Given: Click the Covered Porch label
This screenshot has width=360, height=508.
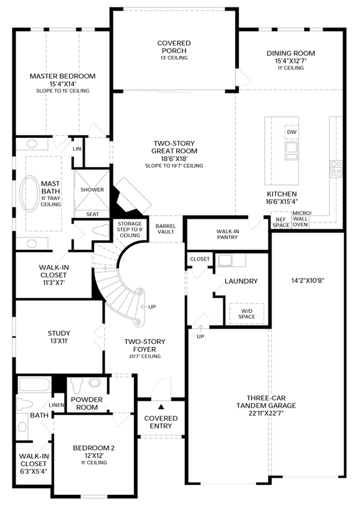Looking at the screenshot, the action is point(174,47).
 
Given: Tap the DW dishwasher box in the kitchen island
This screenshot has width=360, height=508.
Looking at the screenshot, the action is point(291,132).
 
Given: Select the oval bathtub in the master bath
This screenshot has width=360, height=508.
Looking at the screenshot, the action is point(30,194).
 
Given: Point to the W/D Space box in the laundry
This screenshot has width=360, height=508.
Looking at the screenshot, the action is point(247,314).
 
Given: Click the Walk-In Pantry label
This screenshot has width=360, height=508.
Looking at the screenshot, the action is point(227,234).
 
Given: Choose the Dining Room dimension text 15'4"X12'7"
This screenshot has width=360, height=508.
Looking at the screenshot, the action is point(291,61).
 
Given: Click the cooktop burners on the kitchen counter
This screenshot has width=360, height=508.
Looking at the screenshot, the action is point(336,169).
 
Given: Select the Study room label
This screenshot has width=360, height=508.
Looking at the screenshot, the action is point(59,333).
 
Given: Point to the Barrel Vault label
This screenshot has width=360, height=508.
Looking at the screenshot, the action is point(166,229).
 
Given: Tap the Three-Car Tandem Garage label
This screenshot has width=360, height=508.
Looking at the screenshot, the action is point(266,402).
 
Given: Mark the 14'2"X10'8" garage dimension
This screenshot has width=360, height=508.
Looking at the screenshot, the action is point(308,280).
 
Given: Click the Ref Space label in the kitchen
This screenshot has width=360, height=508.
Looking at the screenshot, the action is point(281,223).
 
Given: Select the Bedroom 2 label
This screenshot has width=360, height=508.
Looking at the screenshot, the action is point(93,448).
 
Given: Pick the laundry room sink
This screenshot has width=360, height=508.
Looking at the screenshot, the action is point(225,260).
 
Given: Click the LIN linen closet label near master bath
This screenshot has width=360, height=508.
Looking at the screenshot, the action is point(77,149).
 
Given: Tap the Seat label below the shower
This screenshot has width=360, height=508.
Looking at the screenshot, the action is point(92,214).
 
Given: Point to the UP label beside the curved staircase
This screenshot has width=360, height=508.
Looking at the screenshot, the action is point(152,307).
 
